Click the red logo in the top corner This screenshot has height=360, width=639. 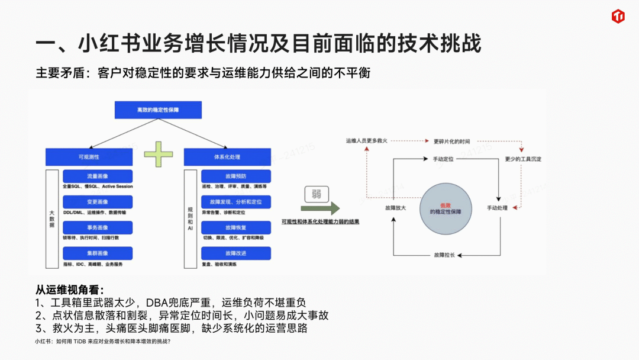(x=618, y=16)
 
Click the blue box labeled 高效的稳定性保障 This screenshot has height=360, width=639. (x=158, y=110)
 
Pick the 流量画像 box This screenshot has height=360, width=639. (x=98, y=176)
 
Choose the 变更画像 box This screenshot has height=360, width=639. (x=98, y=202)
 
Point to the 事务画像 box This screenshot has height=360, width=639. (x=98, y=227)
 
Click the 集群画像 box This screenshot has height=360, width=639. (x=98, y=253)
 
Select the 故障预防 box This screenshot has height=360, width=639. (x=236, y=176)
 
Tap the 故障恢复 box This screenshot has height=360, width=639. (x=236, y=227)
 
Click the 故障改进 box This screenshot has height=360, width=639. (x=236, y=253)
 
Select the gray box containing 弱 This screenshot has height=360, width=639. (x=317, y=194)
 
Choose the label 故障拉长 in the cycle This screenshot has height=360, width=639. (x=444, y=255)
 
